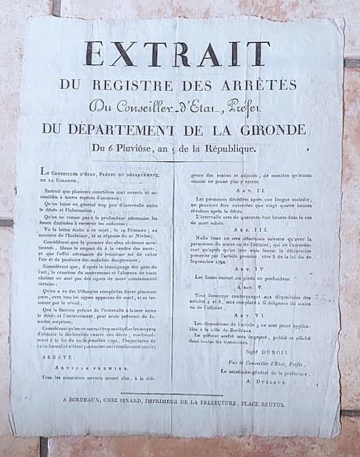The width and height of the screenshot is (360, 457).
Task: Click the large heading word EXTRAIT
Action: pos(176,54)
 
